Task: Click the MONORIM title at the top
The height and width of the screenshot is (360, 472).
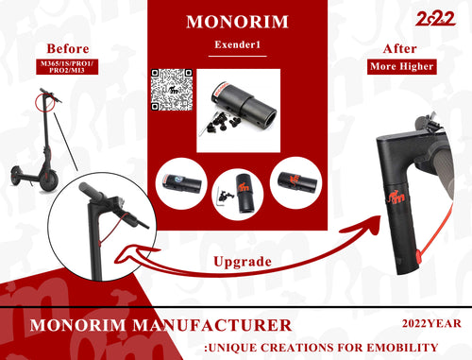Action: [237, 22]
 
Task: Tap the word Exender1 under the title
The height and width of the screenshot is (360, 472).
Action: [238, 44]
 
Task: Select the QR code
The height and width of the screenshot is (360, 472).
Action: [172, 90]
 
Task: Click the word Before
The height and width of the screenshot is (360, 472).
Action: [68, 49]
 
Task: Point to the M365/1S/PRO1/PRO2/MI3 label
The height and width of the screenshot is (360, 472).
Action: [67, 67]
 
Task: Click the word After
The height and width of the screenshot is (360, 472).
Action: [400, 49]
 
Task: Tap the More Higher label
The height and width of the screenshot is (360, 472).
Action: [402, 66]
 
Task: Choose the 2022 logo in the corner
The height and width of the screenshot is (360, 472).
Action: [435, 18]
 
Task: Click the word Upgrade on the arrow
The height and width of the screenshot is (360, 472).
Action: [243, 262]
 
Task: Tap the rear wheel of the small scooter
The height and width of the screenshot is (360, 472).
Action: [17, 176]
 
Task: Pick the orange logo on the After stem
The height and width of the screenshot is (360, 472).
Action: [396, 197]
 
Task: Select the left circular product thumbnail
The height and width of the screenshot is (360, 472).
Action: [181, 183]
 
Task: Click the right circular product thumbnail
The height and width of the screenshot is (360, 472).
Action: [296, 182]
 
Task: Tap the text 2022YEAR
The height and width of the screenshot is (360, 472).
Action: [431, 323]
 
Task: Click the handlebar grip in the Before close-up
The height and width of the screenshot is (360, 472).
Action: [91, 191]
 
